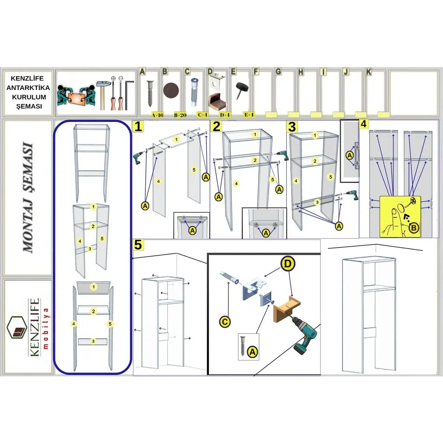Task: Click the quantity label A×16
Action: click(157, 115)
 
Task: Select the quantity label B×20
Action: click(180, 115)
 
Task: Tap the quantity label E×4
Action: click(249, 115)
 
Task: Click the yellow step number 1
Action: click(138, 127)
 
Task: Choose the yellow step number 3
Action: click(292, 127)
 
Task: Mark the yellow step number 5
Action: click(138, 245)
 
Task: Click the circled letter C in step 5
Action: click(225, 321)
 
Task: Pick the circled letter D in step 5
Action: click(288, 263)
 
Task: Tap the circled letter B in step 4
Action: click(414, 227)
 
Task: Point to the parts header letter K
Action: click(369, 72)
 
